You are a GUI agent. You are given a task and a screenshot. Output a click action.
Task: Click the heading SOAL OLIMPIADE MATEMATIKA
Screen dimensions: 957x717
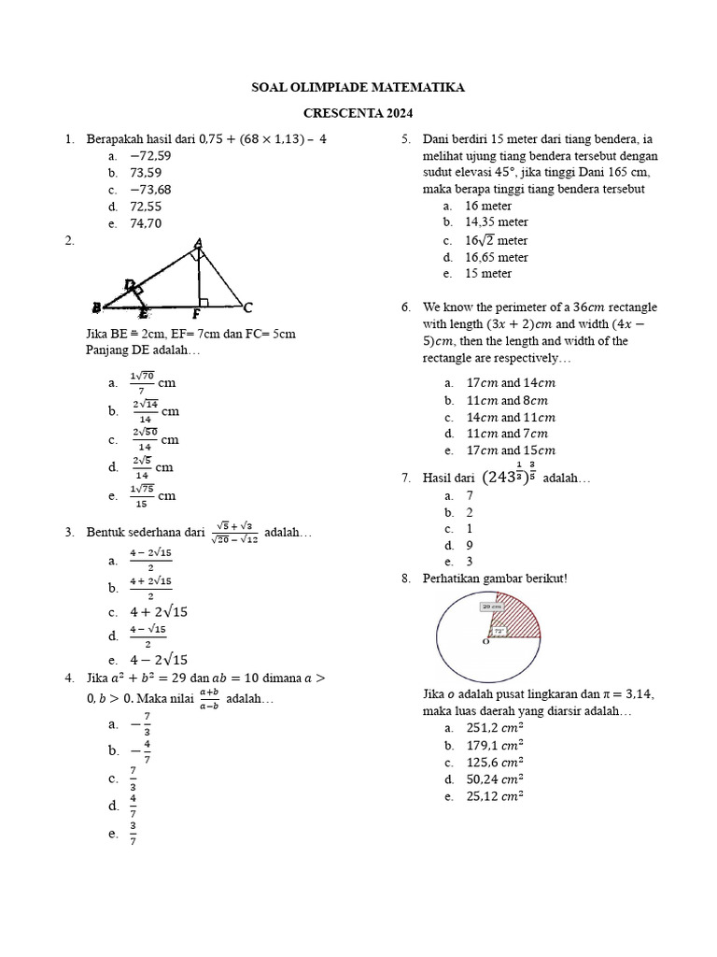click(x=358, y=88)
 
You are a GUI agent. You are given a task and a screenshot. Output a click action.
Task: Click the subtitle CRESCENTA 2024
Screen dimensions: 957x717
click(x=358, y=114)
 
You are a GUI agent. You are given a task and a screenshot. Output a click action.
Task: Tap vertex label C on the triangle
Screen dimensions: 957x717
click(x=246, y=307)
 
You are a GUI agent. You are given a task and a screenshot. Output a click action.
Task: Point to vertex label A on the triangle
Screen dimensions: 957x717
click(x=198, y=245)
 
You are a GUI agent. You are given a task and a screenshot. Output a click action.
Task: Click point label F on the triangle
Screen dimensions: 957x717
click(x=197, y=315)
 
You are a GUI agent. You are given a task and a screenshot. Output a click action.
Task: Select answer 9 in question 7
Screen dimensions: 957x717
click(x=470, y=545)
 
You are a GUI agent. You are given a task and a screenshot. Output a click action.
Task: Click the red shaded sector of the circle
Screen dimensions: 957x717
click(x=519, y=619)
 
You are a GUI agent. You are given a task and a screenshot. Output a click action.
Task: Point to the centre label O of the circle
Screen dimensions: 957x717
click(x=485, y=643)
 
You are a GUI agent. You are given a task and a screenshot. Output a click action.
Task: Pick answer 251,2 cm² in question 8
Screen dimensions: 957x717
click(x=494, y=728)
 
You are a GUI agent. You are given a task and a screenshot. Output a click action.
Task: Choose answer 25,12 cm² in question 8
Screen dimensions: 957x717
click(x=494, y=796)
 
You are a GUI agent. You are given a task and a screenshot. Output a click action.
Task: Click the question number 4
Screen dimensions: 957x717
click(x=70, y=677)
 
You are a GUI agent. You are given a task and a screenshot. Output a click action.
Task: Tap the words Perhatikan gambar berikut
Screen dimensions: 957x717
click(x=495, y=578)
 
